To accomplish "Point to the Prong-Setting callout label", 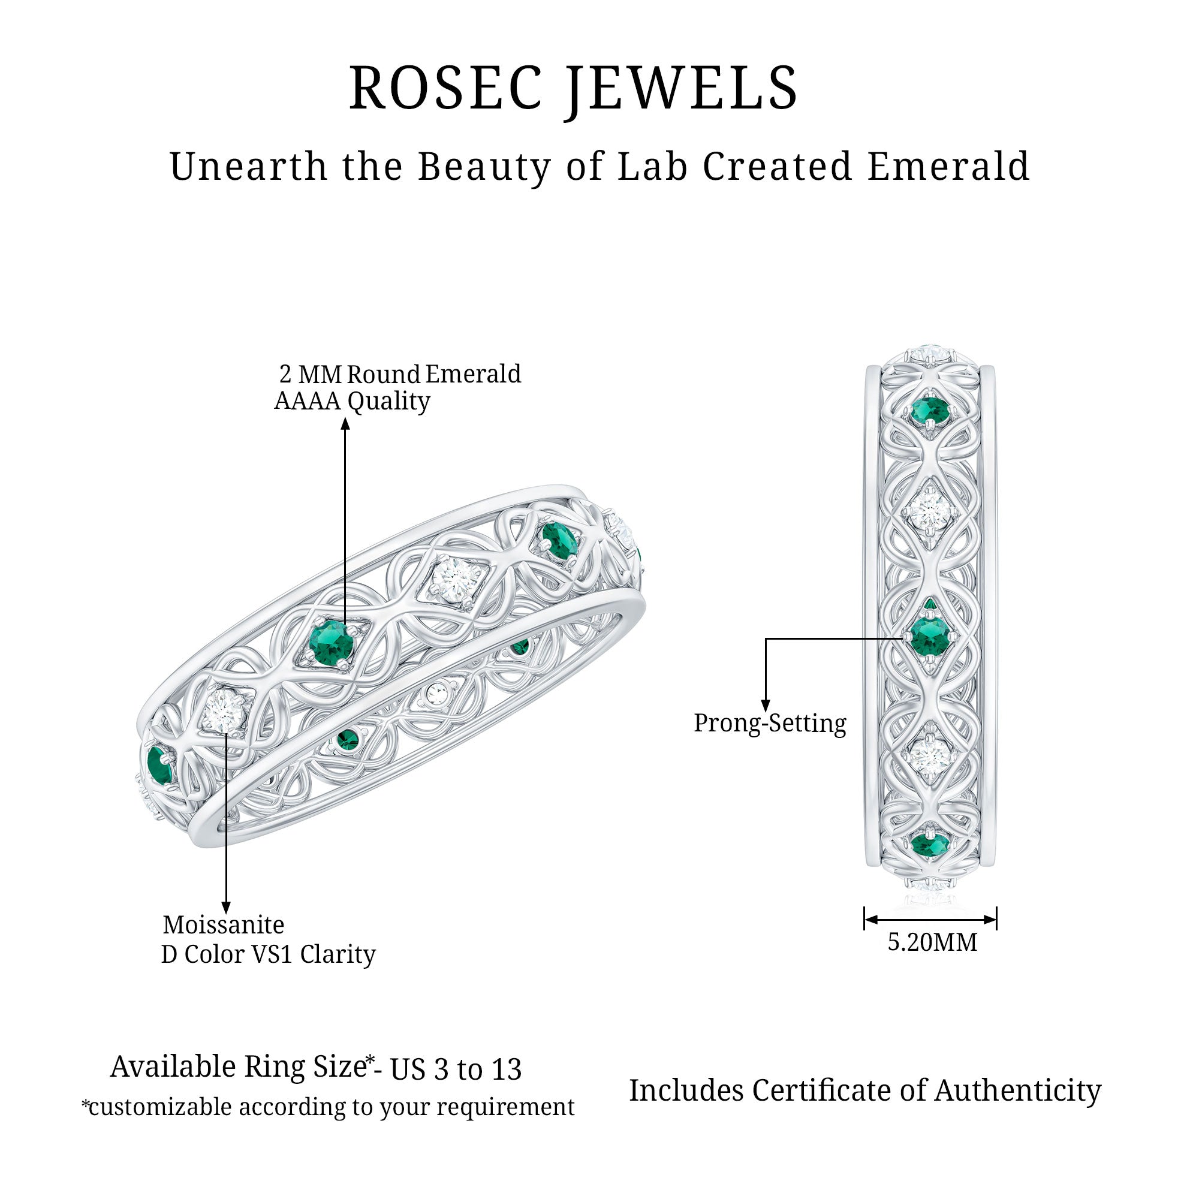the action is pos(770,724).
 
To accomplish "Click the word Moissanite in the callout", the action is pos(224,924).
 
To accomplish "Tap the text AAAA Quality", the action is pos(352,402).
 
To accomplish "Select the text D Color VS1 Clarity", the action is pos(268,954).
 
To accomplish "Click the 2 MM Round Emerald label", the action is pos(400,374).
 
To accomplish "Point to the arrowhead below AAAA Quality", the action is pos(346,424).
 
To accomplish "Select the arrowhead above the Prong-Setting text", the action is pos(766,705).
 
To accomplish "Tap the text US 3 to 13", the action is pos(456,1070).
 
